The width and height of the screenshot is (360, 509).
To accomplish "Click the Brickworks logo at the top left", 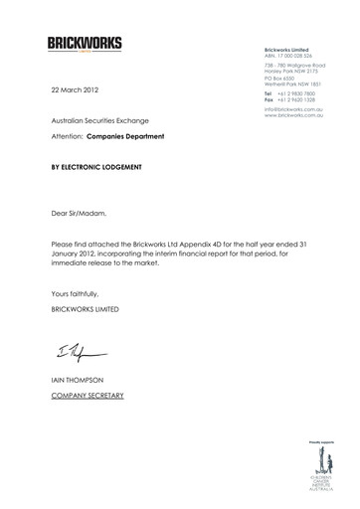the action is pyautogui.click(x=84, y=44).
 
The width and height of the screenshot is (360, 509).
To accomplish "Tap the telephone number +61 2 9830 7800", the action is pyautogui.click(x=299, y=92).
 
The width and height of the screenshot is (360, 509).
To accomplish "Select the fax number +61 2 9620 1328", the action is pyautogui.click(x=299, y=99).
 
